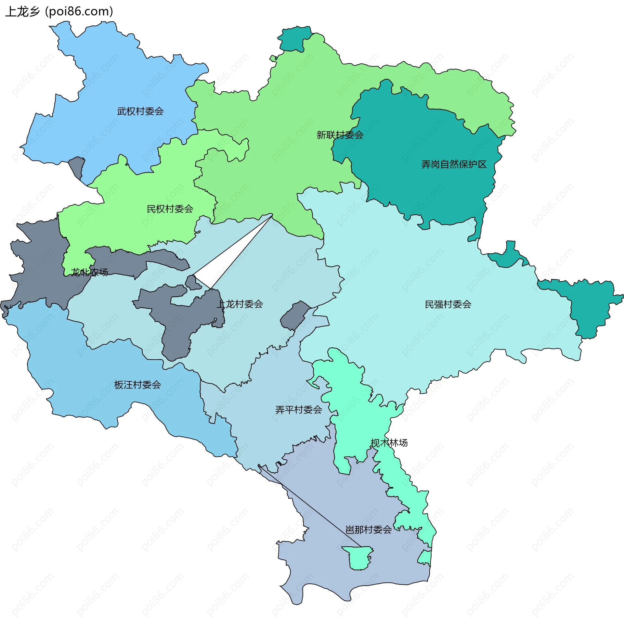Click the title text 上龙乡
tap(22, 12)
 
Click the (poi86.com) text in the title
tap(79, 12)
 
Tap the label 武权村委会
tap(140, 111)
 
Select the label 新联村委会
tap(340, 135)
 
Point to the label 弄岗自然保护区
tap(454, 164)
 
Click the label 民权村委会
tap(170, 209)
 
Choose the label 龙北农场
tap(89, 272)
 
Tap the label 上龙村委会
tap(240, 304)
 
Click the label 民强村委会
tap(448, 304)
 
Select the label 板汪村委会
tap(137, 385)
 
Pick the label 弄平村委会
tap(298, 410)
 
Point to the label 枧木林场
tap(389, 443)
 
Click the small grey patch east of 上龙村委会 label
tap(294, 315)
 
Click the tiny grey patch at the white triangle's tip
tap(193, 283)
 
